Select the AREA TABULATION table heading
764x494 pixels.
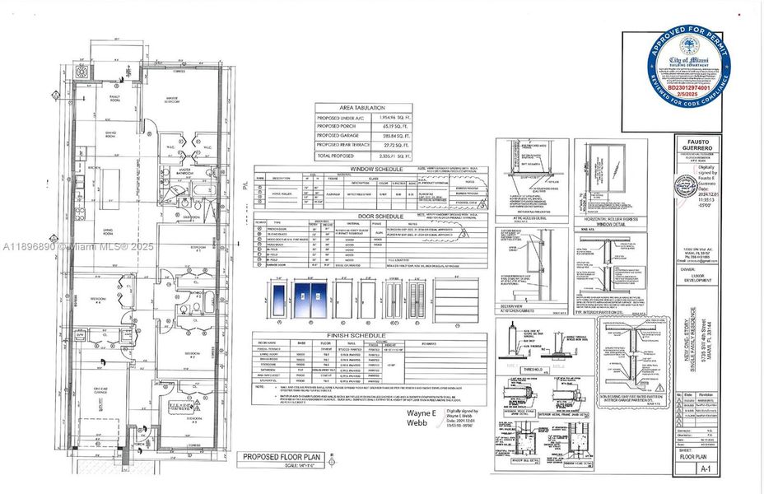point(364,108)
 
